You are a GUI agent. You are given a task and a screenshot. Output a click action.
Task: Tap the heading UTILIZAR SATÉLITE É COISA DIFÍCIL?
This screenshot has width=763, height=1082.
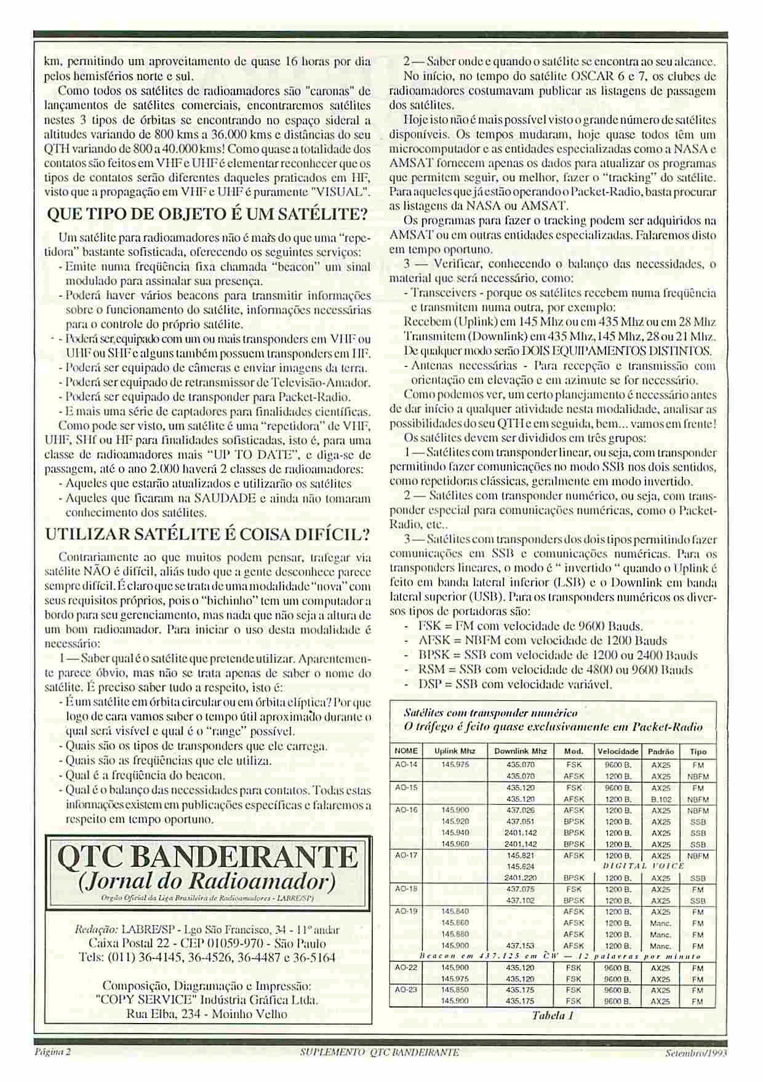pos(208,534)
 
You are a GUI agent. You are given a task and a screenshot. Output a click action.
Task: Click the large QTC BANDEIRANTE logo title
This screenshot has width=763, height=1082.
pos(208,856)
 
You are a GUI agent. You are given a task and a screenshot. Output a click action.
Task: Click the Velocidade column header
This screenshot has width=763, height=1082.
pos(617,751)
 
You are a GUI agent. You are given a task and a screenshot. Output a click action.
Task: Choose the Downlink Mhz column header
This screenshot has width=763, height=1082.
pos(520,751)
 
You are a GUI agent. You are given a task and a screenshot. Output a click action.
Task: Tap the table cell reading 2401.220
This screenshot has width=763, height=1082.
pos(520,878)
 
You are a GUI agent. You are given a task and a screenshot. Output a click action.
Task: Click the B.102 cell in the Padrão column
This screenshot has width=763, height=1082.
pos(661,799)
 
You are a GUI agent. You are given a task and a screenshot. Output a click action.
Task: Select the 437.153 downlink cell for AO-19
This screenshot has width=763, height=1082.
pos(520,946)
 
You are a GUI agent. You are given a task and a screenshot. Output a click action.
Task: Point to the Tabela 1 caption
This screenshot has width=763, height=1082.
pos(553,1016)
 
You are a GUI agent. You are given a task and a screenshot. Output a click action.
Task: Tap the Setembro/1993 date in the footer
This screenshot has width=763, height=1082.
pos(697,1052)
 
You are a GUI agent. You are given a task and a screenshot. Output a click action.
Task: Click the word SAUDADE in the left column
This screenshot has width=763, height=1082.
pos(225,498)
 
